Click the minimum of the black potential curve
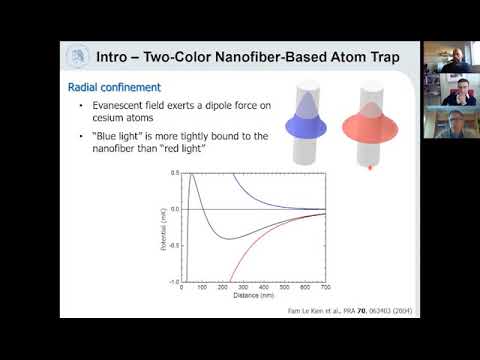(x=231, y=239)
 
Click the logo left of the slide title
(x=75, y=56)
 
